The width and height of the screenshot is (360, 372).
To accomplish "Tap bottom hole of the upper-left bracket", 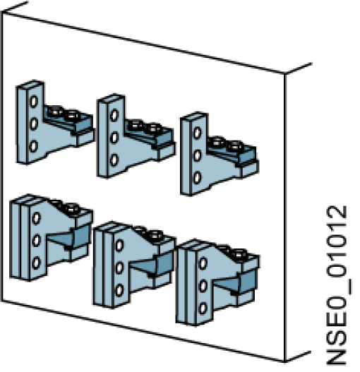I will click(x=32, y=146).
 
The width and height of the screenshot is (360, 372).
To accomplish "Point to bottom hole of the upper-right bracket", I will click(x=197, y=176).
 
